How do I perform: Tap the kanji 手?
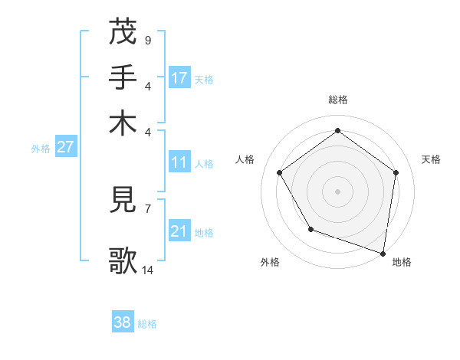coord(123,77)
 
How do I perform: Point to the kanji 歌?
coord(123,260)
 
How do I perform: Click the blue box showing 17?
coord(179,78)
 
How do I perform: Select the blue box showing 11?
coord(179,162)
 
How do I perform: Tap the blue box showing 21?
coord(179,231)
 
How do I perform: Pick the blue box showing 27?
coord(65,147)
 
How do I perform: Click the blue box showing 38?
coord(123,322)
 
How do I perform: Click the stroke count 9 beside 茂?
coord(147,39)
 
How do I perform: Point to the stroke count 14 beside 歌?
coord(148,270)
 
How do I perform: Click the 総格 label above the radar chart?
coord(337,100)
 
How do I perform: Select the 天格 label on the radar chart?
coord(431,159)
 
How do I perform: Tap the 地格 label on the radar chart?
coord(402,262)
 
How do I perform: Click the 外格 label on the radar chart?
coord(270,262)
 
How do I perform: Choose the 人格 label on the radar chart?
coord(245,159)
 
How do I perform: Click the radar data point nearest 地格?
coord(383,253)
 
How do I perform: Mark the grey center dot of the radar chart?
coord(337,191)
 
